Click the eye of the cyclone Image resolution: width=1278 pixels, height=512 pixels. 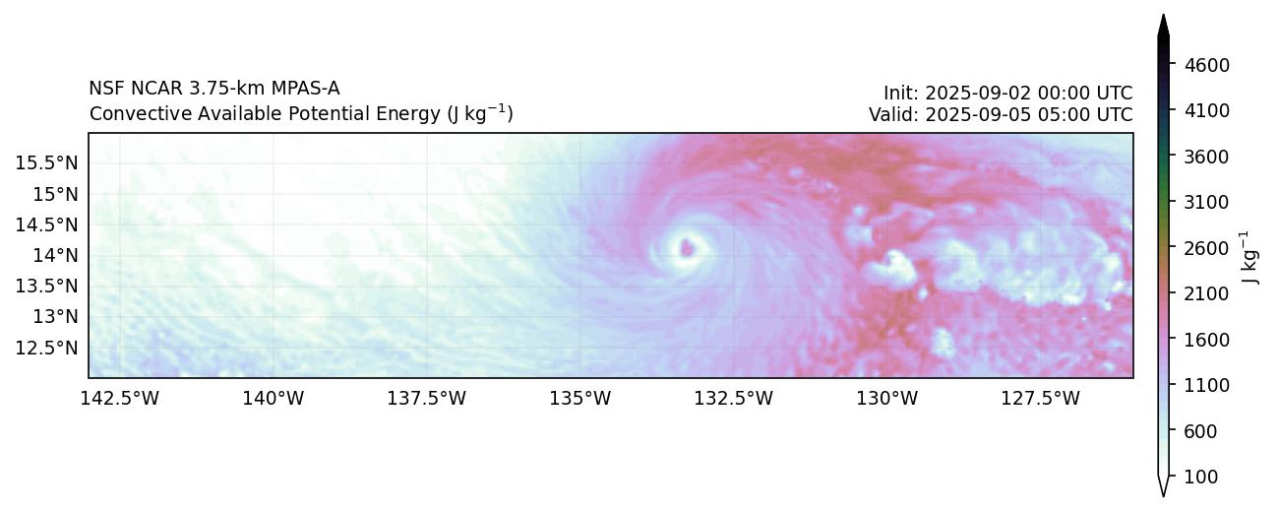687,248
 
